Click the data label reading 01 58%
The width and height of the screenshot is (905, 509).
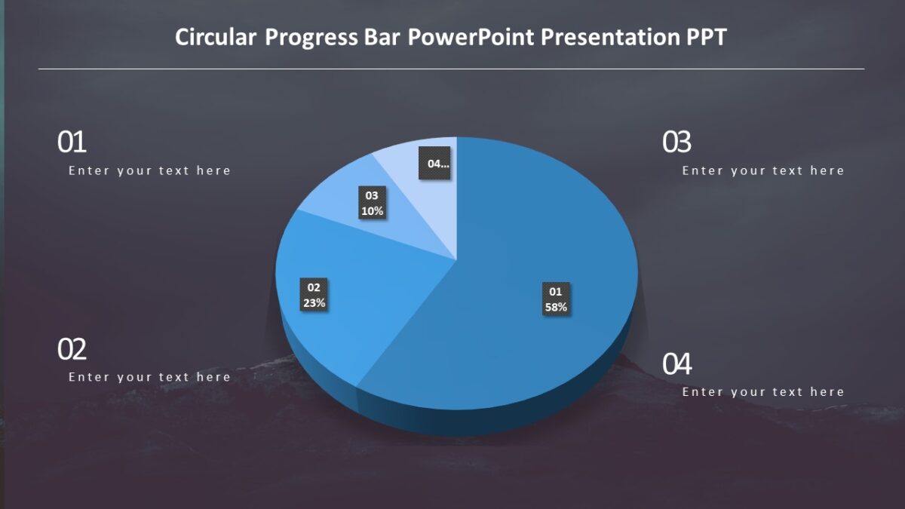click(556, 299)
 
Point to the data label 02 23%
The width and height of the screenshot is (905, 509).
click(314, 295)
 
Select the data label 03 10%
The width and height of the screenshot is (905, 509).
click(372, 204)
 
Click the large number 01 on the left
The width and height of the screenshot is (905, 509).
click(72, 143)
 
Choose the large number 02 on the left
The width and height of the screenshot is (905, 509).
click(72, 349)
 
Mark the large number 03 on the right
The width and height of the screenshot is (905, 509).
click(676, 143)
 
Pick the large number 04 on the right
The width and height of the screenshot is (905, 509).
click(676, 364)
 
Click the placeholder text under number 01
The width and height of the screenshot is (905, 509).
click(149, 170)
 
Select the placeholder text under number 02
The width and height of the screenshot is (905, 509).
click(149, 377)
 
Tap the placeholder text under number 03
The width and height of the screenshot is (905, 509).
click(763, 170)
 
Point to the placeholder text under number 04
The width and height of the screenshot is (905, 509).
click(763, 392)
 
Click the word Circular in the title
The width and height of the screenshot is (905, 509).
click(216, 37)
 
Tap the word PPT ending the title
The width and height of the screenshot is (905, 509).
click(706, 37)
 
